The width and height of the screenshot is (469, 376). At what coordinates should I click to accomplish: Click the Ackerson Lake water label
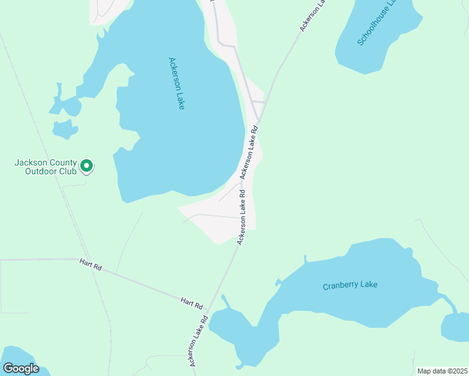[177, 83]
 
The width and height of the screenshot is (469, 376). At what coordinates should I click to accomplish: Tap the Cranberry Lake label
[350, 285]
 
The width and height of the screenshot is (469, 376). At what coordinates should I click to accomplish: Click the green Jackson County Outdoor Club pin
[87, 165]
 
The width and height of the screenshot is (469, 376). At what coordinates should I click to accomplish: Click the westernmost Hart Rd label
[90, 264]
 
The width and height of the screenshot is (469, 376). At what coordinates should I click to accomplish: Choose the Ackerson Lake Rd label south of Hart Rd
[197, 341]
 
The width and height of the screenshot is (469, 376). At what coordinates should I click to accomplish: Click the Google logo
[21, 368]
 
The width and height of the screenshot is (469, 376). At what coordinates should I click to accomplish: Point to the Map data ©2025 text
[441, 371]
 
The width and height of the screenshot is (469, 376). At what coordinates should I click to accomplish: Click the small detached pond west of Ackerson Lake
[65, 129]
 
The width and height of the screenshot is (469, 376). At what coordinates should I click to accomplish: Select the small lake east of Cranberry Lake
[455, 326]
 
